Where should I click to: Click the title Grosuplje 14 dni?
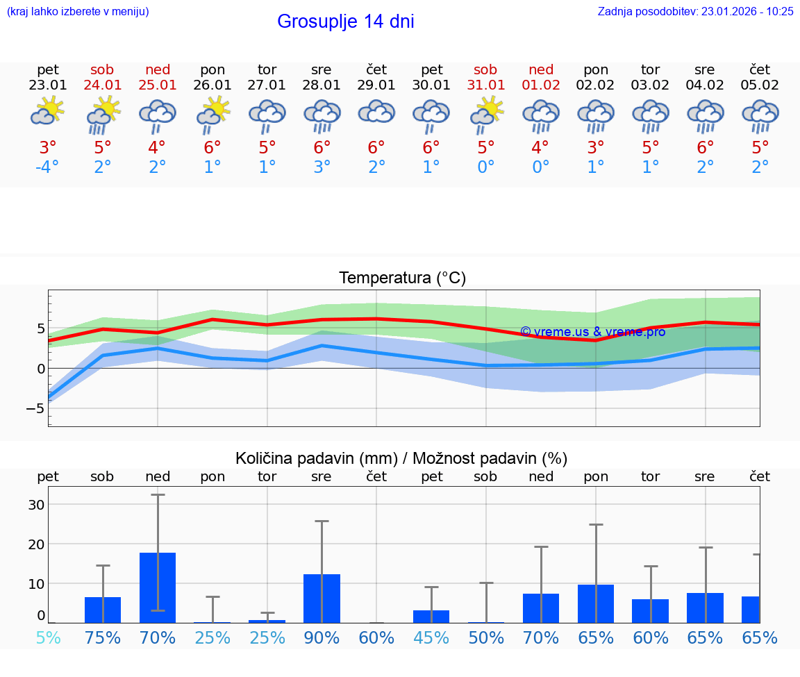point(345,22)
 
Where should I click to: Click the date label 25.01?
point(157,85)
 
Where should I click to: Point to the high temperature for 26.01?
point(212,148)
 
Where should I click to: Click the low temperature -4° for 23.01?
point(47,167)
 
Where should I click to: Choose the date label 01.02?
point(541,85)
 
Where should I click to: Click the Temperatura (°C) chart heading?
point(402,278)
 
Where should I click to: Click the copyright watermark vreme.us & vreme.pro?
point(592,332)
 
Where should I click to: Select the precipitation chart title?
point(401,458)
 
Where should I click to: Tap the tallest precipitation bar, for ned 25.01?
point(158,587)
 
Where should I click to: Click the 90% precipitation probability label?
point(322,637)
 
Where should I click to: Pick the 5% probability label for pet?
point(48,637)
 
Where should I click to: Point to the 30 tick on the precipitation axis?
point(35,504)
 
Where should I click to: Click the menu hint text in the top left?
point(78,11)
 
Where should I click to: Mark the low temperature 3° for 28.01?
point(322,167)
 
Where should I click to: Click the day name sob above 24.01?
point(102,69)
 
